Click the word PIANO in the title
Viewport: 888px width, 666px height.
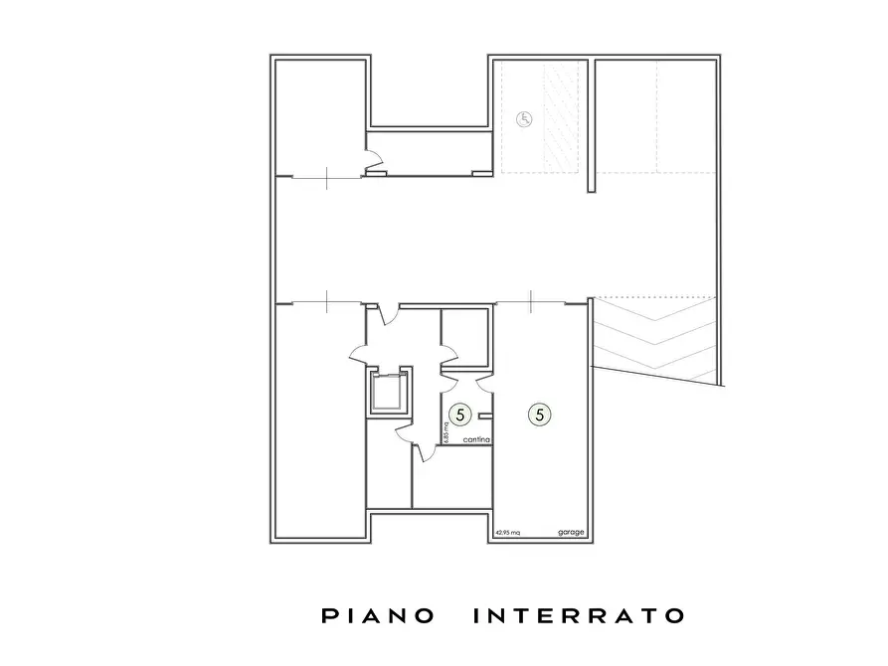tap(379, 616)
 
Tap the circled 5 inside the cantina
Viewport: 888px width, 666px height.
tap(460, 413)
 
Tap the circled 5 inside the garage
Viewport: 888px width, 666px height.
tap(540, 413)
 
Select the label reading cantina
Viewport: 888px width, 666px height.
tap(473, 439)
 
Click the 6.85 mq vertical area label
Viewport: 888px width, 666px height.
tap(446, 429)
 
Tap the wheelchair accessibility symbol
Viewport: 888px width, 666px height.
tap(525, 118)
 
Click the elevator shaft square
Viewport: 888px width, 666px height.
tap(389, 392)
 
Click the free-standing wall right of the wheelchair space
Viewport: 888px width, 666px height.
tap(591, 124)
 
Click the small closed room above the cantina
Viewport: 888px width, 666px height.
tap(463, 338)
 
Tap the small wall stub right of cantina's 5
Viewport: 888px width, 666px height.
tap(484, 416)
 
